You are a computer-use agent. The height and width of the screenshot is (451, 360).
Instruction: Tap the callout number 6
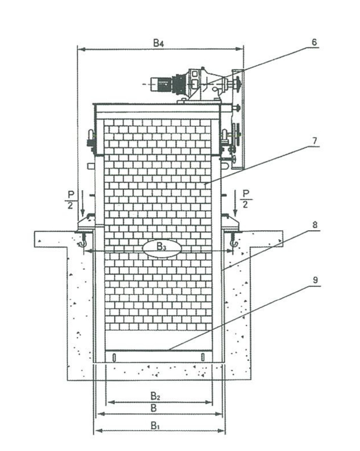pos(314,42)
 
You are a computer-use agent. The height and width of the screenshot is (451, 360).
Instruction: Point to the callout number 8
pos(314,225)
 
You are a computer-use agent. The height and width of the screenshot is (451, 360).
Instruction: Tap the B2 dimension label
pos(155,396)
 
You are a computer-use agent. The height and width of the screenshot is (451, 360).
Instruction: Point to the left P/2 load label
pos(70,199)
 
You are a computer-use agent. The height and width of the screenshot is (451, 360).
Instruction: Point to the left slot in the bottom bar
pos(114,357)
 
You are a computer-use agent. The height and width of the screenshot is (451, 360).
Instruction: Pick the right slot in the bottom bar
pos(203,357)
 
